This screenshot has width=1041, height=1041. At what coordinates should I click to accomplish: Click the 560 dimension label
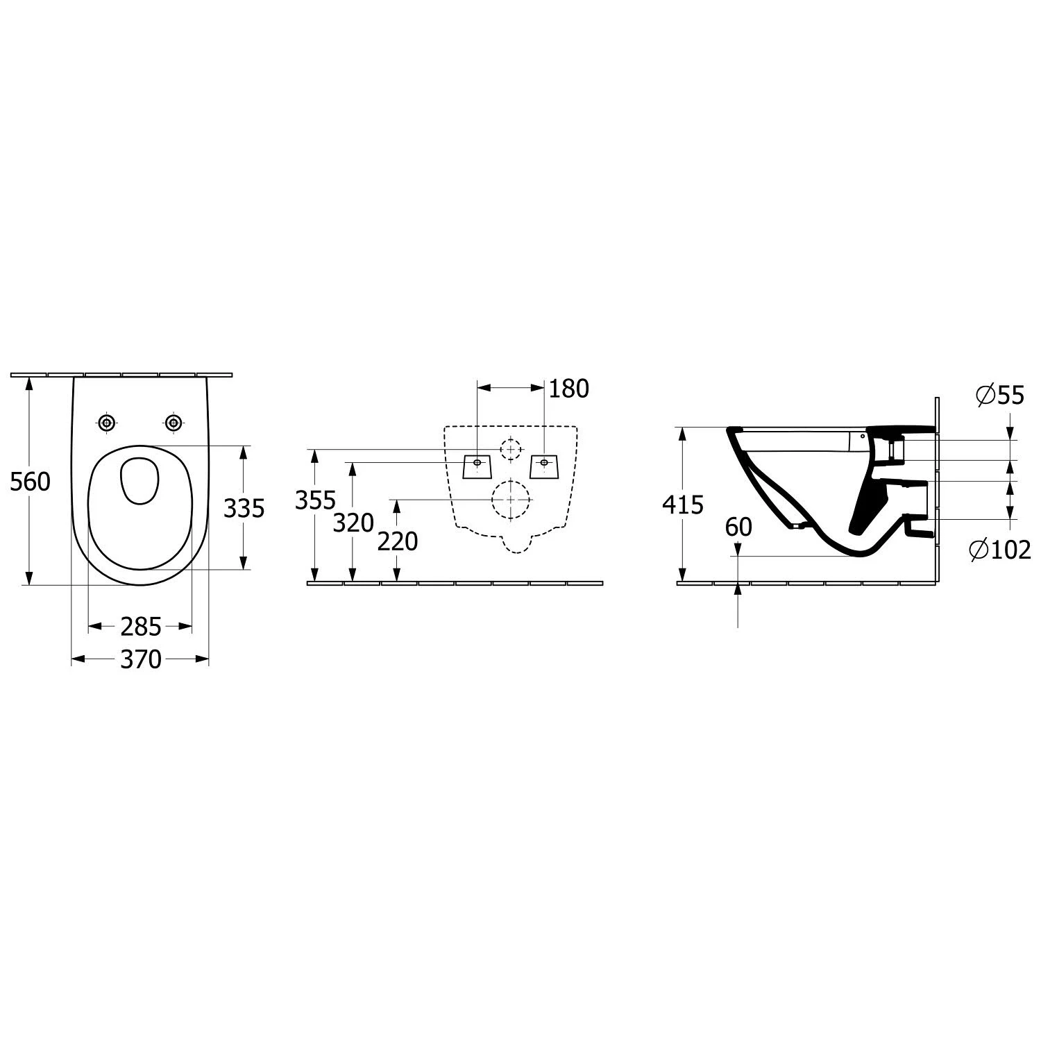point(30,481)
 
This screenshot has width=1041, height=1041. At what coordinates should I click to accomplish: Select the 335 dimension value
point(244,509)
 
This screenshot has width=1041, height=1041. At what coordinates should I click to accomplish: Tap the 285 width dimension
point(141,627)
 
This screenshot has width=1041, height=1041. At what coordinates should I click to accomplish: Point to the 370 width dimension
point(141,659)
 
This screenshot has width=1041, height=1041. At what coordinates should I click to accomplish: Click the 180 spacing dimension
point(568,389)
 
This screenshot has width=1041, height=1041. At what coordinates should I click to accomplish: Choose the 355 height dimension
point(315,500)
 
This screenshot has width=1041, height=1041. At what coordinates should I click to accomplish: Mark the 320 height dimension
point(353,523)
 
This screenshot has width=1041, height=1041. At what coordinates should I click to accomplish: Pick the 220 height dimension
point(397,541)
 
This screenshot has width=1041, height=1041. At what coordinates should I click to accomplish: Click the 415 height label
point(683,505)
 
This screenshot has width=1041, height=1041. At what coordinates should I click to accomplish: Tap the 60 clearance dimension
point(738,527)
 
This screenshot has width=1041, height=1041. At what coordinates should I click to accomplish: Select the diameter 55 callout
point(999,395)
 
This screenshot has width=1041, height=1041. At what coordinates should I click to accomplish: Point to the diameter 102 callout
point(999,550)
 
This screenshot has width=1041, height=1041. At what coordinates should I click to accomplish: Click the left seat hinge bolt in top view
point(106,422)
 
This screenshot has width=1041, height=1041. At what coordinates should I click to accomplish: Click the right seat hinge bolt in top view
point(173,422)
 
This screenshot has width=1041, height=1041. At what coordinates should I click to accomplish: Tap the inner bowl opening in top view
point(139,480)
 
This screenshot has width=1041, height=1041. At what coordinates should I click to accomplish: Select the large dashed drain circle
point(511,499)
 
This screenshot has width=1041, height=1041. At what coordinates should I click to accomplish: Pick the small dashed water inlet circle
point(511,449)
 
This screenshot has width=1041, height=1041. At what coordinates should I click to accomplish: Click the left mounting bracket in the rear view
point(477,466)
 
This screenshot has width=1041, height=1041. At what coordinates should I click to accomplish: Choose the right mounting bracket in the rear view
point(544,466)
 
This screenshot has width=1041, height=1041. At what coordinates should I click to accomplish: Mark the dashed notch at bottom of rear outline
point(514,542)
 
